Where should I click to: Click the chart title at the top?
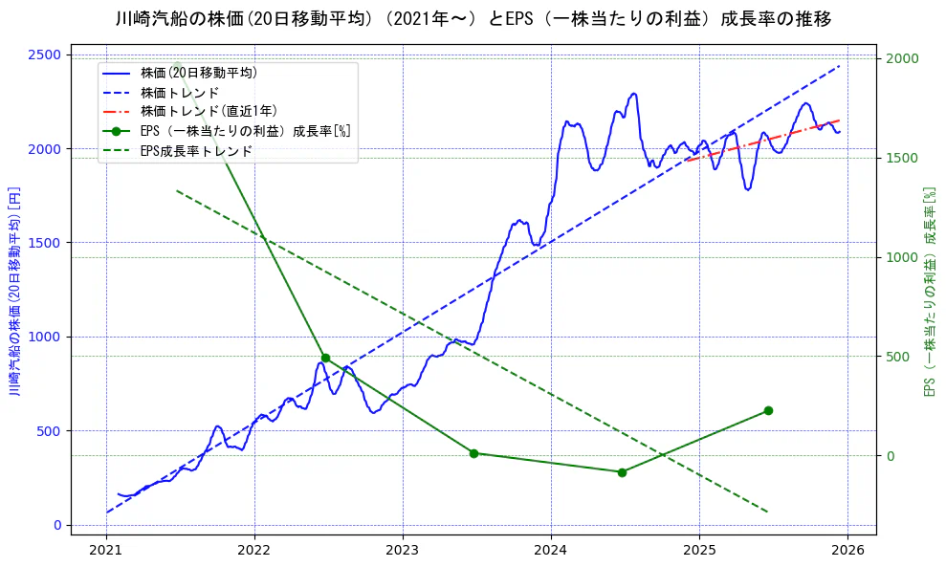coord(473,18)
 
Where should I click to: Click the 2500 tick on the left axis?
coord(47,55)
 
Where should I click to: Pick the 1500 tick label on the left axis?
coord(47,243)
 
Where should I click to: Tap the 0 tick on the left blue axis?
coord(57,525)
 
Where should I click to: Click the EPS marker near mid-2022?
coord(325,358)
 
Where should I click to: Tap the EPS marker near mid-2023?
coord(473,453)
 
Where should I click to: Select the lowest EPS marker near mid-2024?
coord(622,472)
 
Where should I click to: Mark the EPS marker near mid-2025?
coord(768,410)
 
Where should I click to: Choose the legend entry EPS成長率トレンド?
coord(196,151)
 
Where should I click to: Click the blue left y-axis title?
coord(14,291)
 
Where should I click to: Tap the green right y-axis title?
coord(928,291)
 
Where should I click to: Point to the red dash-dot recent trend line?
coord(765,142)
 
